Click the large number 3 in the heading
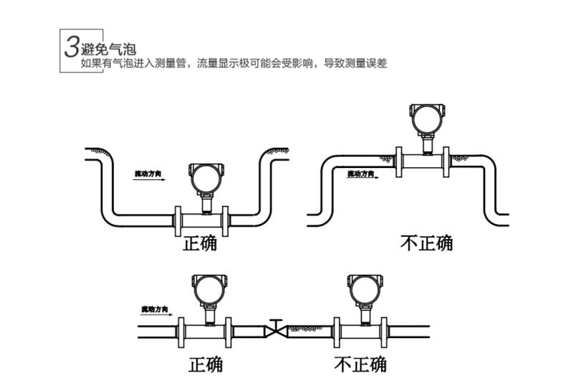[x=71, y=47]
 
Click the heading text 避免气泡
[x=109, y=50]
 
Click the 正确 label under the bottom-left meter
[x=206, y=365]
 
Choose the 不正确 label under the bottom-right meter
[x=360, y=364]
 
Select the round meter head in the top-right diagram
[x=425, y=117]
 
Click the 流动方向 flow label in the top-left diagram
[x=148, y=174]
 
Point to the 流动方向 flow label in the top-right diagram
[x=361, y=174]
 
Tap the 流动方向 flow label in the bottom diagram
[x=155, y=309]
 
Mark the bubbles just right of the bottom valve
[x=304, y=329]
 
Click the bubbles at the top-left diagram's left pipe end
[x=98, y=153]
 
